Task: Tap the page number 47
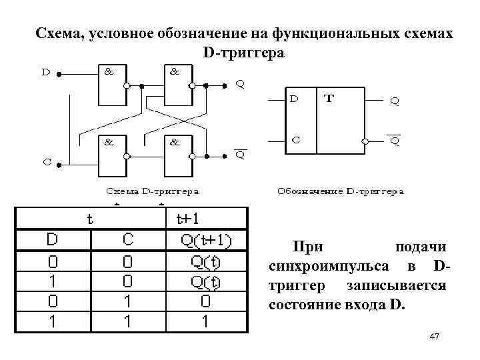coord(435,338)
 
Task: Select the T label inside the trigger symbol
coord(329,99)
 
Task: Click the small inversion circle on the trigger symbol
coord(365,141)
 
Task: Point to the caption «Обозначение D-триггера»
coord(340,192)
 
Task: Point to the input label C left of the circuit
coord(47,161)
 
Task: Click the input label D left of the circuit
coord(47,73)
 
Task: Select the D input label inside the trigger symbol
coord(294,99)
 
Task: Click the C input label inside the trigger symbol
coord(294,141)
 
